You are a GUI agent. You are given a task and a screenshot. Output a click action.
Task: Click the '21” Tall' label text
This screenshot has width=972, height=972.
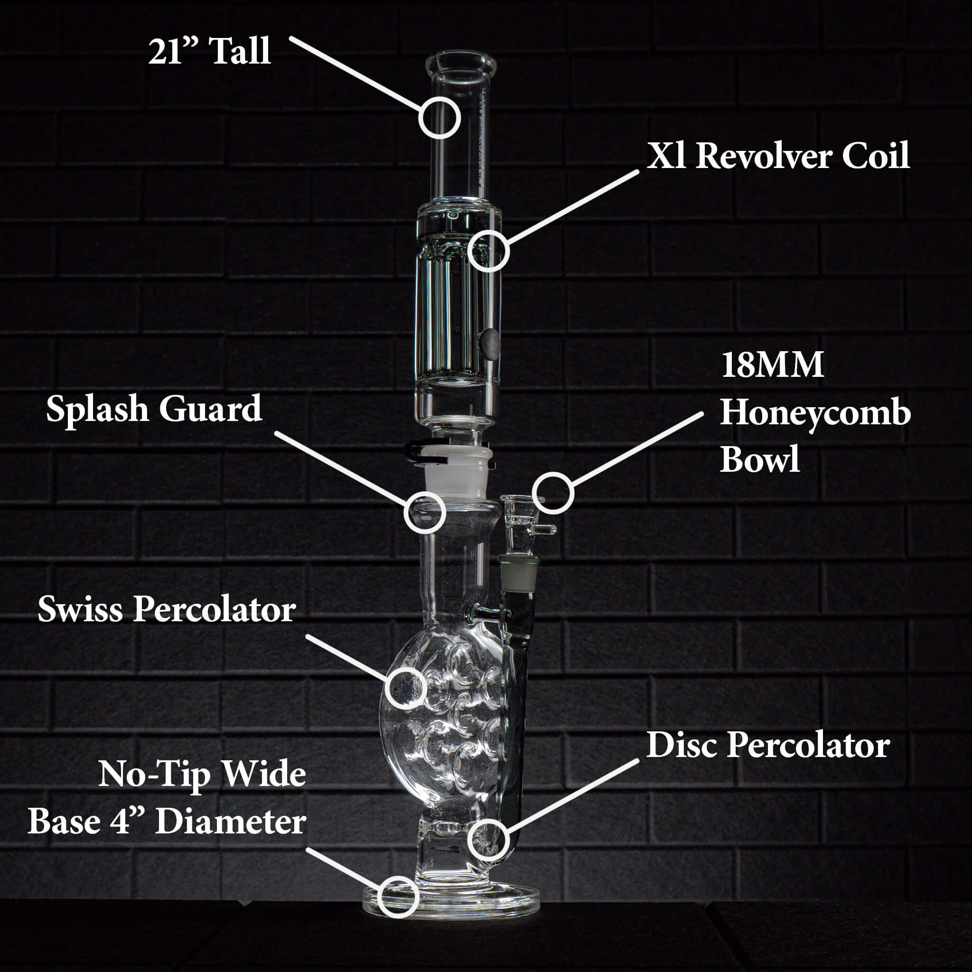(209, 51)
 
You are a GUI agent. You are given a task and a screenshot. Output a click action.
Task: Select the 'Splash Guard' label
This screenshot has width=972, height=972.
(154, 409)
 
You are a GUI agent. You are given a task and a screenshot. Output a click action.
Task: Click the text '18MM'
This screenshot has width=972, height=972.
(772, 365)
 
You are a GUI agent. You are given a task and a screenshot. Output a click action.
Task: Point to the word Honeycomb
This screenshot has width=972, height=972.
(815, 413)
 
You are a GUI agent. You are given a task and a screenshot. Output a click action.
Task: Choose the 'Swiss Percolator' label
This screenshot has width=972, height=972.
(167, 610)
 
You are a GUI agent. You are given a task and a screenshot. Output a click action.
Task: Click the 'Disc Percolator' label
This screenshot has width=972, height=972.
(768, 745)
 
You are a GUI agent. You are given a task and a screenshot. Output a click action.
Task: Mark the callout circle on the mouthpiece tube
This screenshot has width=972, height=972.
(439, 118)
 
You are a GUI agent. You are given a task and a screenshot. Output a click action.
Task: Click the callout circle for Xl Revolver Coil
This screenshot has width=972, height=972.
(488, 251)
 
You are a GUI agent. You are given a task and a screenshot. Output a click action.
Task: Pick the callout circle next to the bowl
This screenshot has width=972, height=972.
(553, 493)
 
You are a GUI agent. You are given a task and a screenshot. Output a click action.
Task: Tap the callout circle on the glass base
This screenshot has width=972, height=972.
(398, 896)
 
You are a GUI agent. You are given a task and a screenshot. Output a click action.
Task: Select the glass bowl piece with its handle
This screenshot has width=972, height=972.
(523, 523)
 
